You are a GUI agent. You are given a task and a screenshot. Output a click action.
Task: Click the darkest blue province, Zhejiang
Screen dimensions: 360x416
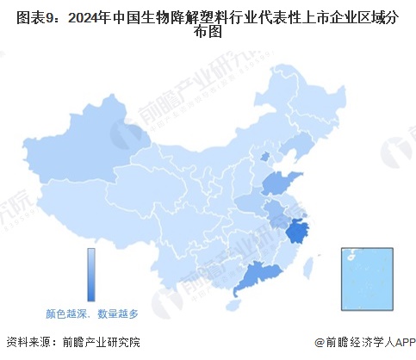[299, 232]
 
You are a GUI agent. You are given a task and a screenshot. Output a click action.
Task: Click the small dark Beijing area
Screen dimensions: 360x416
[264, 157]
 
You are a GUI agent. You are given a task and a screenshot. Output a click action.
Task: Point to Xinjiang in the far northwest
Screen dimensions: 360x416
[82, 159]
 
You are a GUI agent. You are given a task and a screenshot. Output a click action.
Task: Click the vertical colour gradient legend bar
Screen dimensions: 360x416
[90, 275]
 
